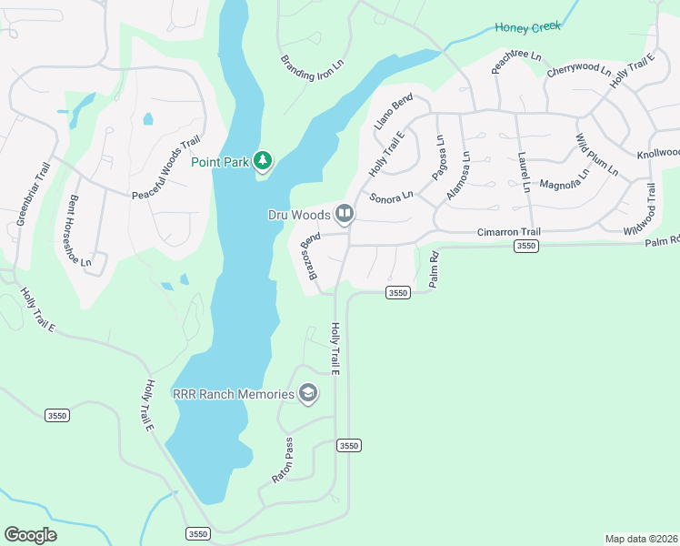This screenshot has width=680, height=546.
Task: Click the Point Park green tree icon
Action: [x=263, y=161]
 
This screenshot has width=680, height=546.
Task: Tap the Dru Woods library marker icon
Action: [x=344, y=214]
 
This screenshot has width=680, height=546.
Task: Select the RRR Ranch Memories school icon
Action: [x=308, y=393]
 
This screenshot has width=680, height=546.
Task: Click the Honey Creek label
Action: [x=527, y=27]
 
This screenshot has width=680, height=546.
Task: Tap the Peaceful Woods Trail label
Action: [x=165, y=169]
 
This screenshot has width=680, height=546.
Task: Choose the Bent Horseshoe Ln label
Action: [x=80, y=231]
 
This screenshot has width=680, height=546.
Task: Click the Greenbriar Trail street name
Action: [x=30, y=195]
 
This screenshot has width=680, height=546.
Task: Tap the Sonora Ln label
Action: [x=391, y=196]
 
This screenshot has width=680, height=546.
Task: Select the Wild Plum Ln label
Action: [x=595, y=156]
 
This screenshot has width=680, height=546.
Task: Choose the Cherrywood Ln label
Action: [x=579, y=68]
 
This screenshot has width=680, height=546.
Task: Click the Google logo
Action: [x=30, y=535]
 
